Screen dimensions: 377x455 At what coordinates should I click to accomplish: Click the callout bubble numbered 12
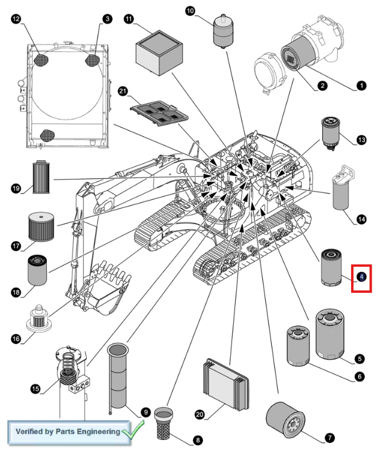point(16,19)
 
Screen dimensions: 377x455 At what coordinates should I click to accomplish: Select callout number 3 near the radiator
point(107,19)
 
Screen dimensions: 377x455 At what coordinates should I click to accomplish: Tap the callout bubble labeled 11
point(129,19)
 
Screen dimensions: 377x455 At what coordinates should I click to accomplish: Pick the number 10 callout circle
point(190,11)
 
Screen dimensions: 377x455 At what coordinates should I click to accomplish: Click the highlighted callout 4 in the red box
point(361,277)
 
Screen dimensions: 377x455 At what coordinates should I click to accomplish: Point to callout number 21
point(123,92)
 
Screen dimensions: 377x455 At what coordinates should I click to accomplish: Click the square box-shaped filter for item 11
point(159,52)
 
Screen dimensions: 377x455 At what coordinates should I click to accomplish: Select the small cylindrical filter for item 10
point(223,31)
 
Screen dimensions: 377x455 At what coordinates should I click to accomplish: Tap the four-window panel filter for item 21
point(159,113)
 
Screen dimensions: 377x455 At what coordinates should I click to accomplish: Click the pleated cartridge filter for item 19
point(41,177)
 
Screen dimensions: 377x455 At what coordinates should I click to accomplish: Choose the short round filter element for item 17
point(41,227)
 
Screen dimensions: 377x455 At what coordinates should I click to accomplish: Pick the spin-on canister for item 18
point(37,270)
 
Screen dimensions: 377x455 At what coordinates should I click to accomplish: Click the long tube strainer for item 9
point(118,376)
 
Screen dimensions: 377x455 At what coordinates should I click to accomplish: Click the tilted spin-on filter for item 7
point(285,420)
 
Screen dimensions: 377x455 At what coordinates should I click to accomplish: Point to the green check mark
point(133,428)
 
